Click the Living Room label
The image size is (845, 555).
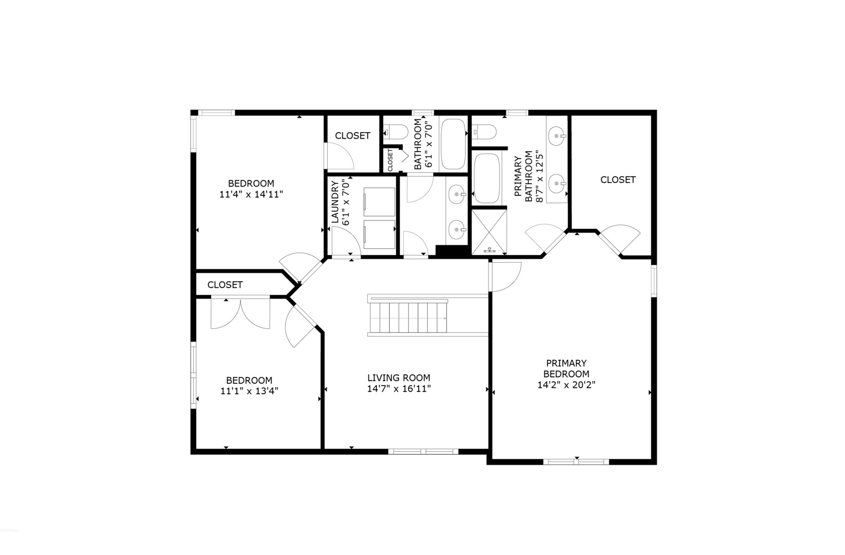click(399, 378)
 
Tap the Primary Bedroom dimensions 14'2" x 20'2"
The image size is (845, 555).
click(566, 385)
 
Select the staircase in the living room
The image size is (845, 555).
click(408, 318)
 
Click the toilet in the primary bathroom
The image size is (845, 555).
click(484, 133)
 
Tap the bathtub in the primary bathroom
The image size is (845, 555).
click(489, 178)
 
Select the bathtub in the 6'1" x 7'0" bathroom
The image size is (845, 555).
click(453, 144)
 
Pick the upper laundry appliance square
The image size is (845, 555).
click(379, 202)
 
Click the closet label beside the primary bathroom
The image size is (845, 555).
click(617, 179)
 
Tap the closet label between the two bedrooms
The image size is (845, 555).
click(225, 285)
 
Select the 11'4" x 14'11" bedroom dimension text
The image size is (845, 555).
click(251, 194)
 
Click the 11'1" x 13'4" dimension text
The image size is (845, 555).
click(249, 391)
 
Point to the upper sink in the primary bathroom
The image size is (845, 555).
click(556, 137)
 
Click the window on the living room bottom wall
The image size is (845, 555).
click(423, 452)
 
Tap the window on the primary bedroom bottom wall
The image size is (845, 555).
click(576, 461)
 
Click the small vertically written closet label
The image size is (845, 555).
click(390, 160)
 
